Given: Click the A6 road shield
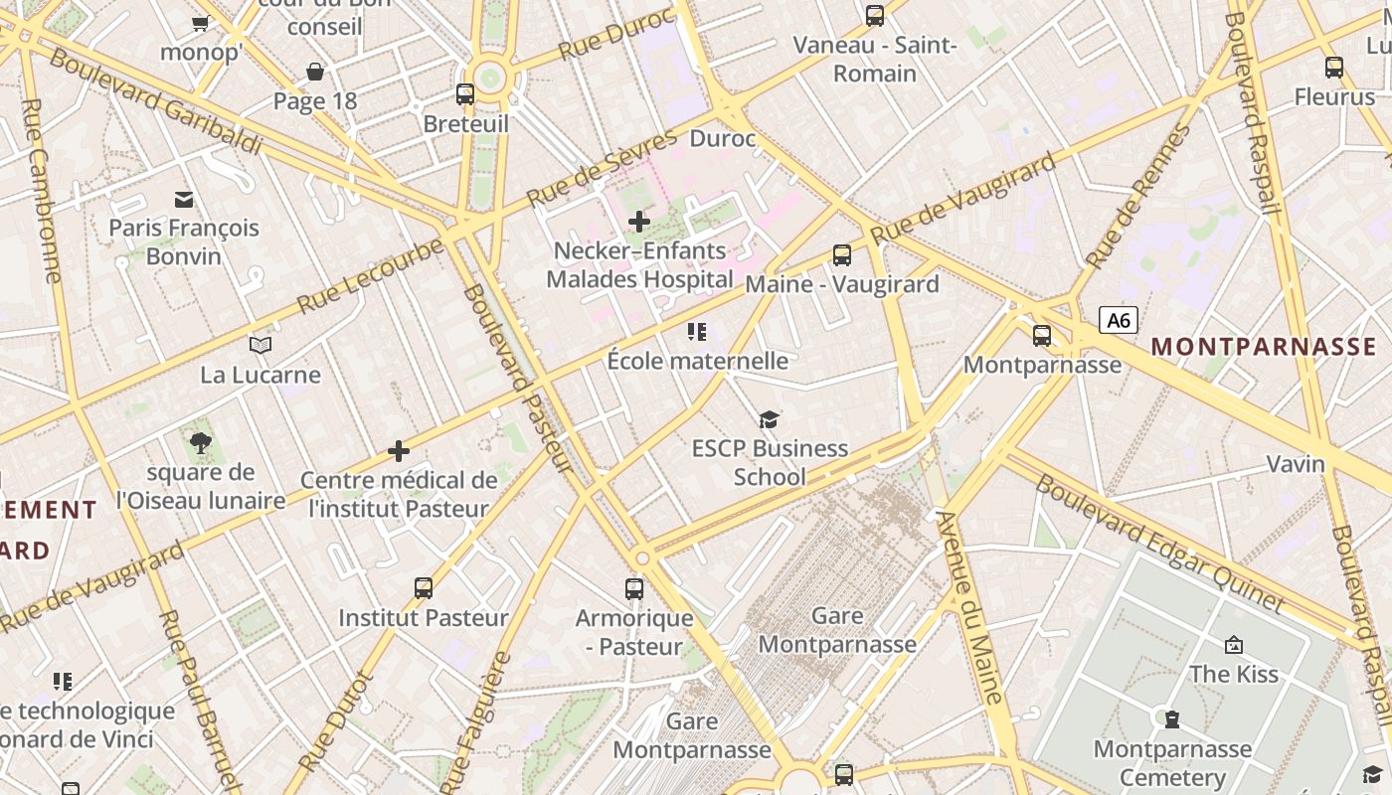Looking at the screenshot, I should tap(1119, 320).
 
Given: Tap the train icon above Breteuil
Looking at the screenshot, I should tap(465, 94).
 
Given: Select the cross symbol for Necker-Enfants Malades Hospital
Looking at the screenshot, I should tap(639, 221).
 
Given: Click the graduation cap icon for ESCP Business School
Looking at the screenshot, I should tap(769, 419).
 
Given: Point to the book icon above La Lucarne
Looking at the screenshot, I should tap(261, 345).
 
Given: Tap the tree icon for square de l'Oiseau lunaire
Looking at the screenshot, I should tap(201, 443).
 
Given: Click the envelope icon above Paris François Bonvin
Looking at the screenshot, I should tap(184, 199).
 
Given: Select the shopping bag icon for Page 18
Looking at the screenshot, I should tap(315, 72).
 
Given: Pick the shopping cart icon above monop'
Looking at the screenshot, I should tap(201, 23).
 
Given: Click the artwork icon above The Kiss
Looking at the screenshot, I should tap(1234, 645).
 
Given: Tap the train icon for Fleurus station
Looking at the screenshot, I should tap(1334, 68).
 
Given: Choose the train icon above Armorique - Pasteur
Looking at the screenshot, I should tap(634, 588).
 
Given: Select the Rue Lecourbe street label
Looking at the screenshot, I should tap(370, 275).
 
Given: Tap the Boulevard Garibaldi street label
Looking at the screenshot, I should tap(155, 100).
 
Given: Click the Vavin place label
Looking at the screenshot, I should tap(1296, 464).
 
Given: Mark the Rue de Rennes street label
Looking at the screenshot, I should tap(1139, 197).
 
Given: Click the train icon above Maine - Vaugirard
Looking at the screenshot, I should tap(842, 255).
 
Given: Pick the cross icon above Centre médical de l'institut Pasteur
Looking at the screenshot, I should tap(399, 451).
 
